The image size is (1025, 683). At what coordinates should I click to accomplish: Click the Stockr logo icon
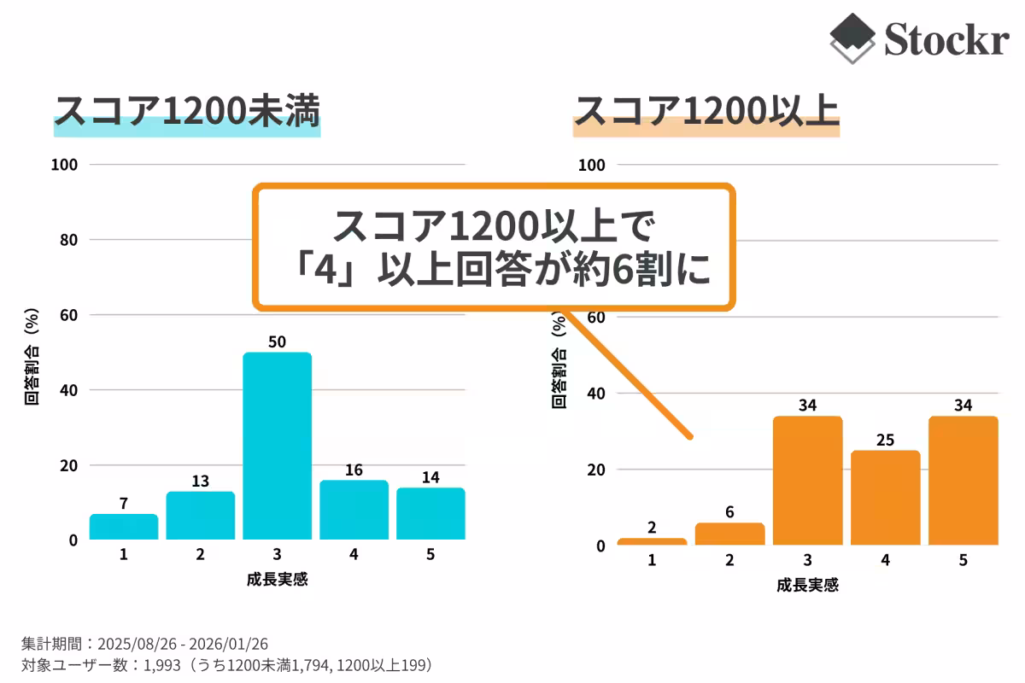[852, 38]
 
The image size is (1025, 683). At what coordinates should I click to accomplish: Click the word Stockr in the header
[946, 39]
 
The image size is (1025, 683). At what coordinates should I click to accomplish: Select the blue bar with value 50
[277, 446]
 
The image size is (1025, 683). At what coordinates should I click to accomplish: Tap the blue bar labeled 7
[124, 527]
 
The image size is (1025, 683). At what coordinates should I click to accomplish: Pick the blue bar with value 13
[200, 516]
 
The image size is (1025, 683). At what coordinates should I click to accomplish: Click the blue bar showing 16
[354, 510]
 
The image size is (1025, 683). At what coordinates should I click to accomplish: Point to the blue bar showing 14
[430, 514]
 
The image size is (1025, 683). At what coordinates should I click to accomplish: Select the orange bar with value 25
[886, 498]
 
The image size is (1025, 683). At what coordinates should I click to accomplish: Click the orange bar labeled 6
[729, 534]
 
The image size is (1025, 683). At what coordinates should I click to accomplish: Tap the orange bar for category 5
[963, 481]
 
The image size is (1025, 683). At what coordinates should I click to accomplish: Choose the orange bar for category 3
[807, 481]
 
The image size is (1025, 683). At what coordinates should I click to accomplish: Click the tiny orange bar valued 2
[652, 541]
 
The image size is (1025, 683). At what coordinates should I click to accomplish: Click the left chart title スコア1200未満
[186, 112]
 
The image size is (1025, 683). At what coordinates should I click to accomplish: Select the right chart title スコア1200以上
[706, 112]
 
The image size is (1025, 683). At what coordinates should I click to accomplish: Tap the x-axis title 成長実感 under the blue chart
[277, 580]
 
